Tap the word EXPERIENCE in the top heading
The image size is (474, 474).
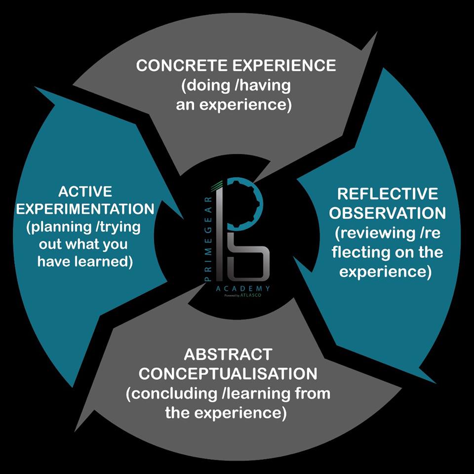click(284, 66)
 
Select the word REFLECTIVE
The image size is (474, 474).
click(387, 194)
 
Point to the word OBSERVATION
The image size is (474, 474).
click(388, 213)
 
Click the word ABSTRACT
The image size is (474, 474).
click(228, 354)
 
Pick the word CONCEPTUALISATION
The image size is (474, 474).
click(228, 374)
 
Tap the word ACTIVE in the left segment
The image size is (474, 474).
click(85, 191)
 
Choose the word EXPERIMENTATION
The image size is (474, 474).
click(85, 209)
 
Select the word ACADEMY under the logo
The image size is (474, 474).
click(242, 288)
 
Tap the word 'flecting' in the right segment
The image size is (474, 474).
click(360, 252)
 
